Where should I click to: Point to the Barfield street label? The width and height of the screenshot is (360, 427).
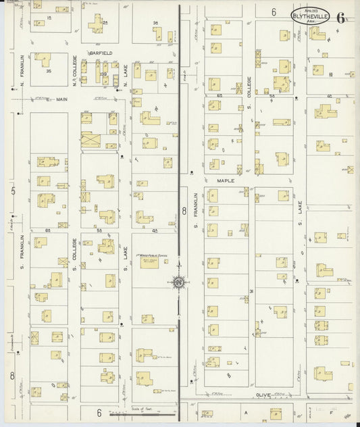coord(103,52)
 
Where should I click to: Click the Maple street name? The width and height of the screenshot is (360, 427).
coord(225,181)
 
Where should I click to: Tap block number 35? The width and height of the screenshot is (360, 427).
coord(48,70)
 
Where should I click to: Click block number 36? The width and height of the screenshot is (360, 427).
coord(155,24)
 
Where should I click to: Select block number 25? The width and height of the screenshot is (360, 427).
coord(105,22)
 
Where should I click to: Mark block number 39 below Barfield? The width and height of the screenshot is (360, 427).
coord(103,74)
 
